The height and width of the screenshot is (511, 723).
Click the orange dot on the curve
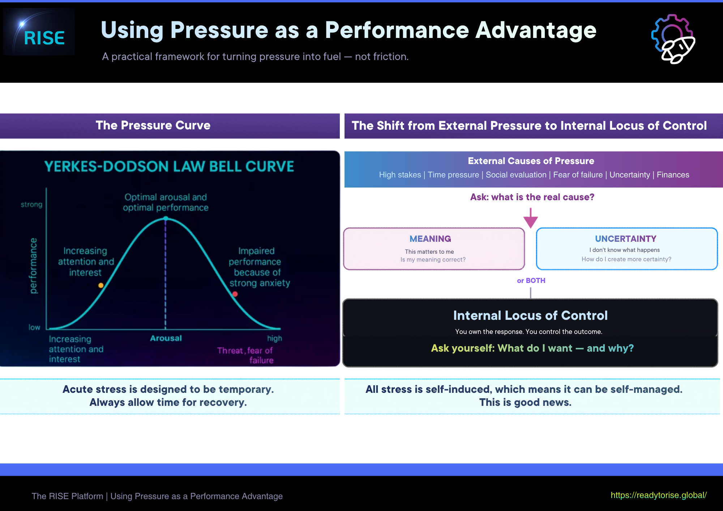click(101, 285)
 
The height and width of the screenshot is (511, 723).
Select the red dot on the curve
click(235, 294)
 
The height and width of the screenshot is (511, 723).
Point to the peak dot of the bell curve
click(166, 218)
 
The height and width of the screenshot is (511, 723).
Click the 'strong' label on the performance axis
click(31, 205)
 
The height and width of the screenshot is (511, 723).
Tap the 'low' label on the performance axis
click(34, 327)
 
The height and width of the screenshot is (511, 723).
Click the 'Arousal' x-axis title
click(166, 338)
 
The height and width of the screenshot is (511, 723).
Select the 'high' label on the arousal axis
click(274, 339)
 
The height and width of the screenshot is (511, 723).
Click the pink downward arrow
click(530, 218)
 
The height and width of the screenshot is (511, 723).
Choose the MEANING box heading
click(430, 239)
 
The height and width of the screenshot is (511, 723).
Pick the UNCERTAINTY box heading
click(625, 239)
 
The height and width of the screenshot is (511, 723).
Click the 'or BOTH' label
click(531, 280)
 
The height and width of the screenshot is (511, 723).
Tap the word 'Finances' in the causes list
click(673, 175)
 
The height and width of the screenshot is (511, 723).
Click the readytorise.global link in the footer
click(658, 495)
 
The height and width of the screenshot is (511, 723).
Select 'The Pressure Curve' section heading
click(153, 125)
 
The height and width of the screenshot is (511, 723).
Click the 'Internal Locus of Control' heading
click(530, 315)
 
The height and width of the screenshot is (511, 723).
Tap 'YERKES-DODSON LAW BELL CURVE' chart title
click(169, 167)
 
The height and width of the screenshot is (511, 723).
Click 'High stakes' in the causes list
click(400, 175)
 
